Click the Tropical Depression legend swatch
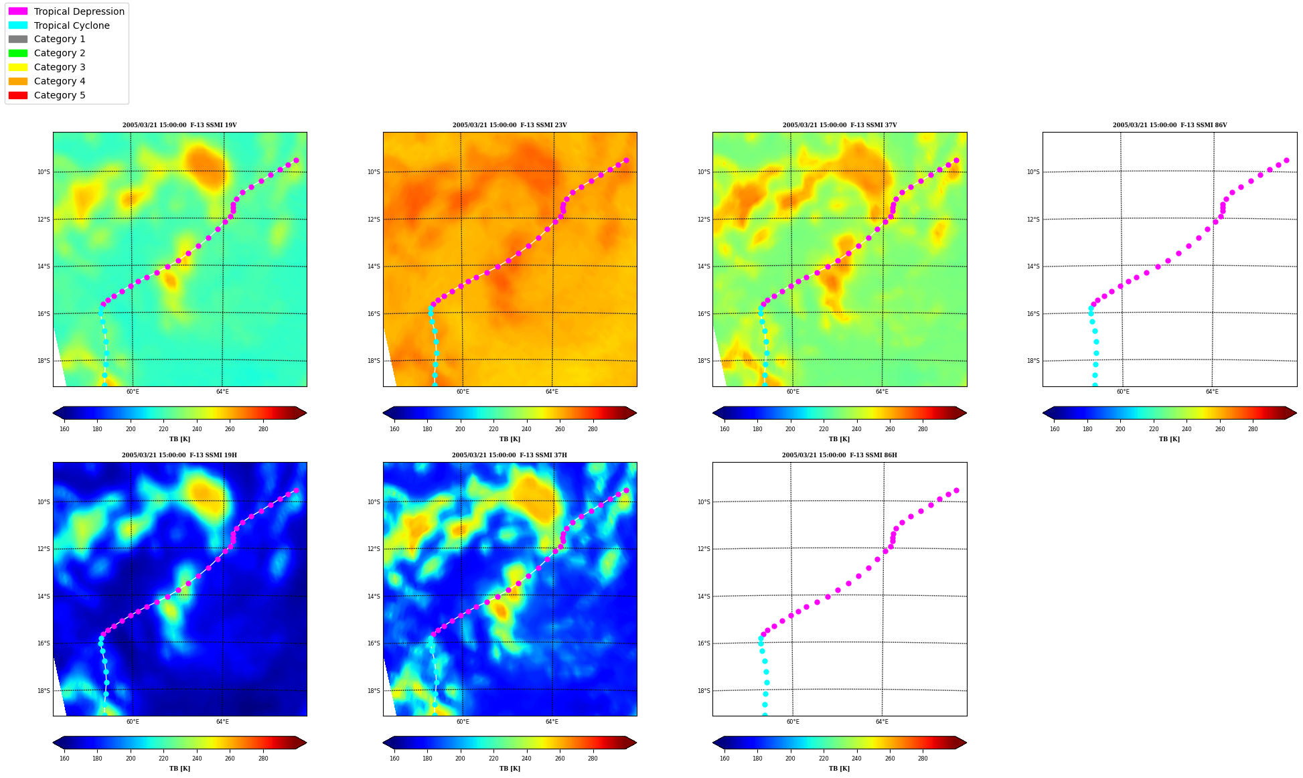(x=18, y=11)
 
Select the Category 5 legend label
(x=60, y=95)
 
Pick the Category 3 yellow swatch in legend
(x=18, y=67)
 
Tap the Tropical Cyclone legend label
(x=72, y=25)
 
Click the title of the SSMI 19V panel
(x=179, y=125)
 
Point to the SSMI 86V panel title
(x=1170, y=125)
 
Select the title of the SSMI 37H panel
(x=510, y=455)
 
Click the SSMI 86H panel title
(x=840, y=455)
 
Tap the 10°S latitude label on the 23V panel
(x=373, y=172)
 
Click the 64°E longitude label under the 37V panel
(x=882, y=392)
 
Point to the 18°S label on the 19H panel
(x=43, y=691)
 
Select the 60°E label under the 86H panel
(x=793, y=722)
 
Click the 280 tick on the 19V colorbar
(x=263, y=429)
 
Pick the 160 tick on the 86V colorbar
(x=1055, y=429)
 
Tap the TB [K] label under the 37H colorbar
(x=510, y=769)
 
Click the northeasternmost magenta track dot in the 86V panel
(x=1286, y=161)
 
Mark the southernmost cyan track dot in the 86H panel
(x=765, y=714)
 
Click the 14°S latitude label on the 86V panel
(x=1033, y=266)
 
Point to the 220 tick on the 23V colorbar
(x=493, y=429)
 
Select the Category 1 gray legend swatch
(x=18, y=39)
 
